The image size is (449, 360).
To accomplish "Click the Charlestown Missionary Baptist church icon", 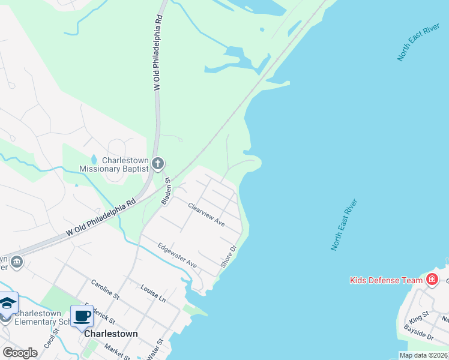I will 158,163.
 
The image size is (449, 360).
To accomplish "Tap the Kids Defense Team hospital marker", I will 432,280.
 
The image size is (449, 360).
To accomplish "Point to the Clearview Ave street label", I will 206,214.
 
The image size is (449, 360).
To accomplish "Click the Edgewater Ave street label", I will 177,255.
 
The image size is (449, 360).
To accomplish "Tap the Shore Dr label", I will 229,255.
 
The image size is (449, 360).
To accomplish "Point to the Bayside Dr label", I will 418,334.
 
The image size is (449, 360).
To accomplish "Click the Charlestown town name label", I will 111,334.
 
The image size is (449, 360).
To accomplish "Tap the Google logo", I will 20,353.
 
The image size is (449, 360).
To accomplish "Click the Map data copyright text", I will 423,355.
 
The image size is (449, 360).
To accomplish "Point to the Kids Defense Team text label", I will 387,280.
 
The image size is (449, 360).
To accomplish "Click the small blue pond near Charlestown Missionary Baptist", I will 94,160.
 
